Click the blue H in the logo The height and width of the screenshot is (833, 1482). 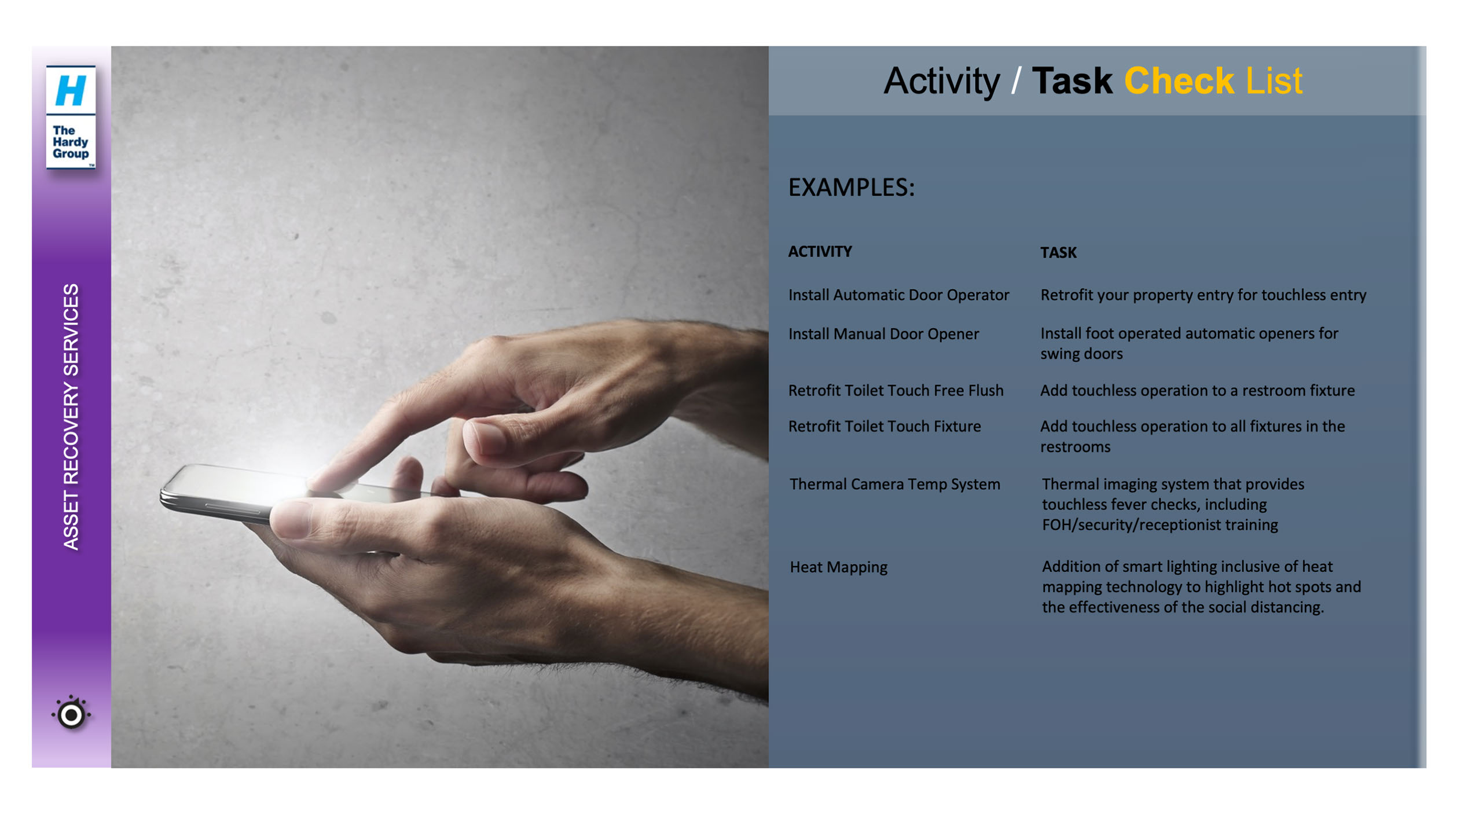coord(71,90)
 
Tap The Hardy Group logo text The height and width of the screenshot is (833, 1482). coord(71,142)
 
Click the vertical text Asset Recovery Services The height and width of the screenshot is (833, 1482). coord(71,416)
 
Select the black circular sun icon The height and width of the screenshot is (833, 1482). coord(71,714)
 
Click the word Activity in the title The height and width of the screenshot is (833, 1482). coord(941,81)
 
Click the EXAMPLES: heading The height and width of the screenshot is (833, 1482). coord(851,188)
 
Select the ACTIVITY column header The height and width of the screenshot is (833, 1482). coord(820,251)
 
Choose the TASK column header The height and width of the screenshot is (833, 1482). coord(1058,252)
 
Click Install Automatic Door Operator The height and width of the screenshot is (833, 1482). coord(898,295)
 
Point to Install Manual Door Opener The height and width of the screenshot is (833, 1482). coord(883,334)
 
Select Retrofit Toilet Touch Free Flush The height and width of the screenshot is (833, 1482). coord(896,391)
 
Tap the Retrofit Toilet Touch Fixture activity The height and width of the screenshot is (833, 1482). coord(885,427)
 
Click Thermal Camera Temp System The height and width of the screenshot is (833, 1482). coord(894,485)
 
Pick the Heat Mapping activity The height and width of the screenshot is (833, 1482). coord(838,567)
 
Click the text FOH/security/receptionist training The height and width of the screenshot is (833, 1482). coord(1160,525)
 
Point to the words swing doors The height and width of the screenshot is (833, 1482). coord(1081,354)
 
